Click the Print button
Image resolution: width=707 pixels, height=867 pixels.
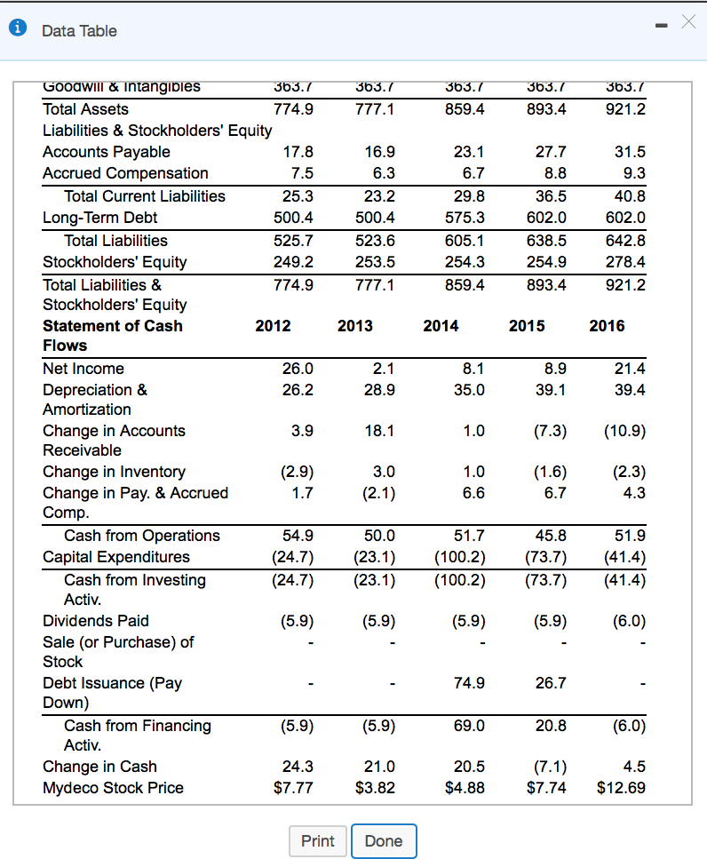[x=318, y=841]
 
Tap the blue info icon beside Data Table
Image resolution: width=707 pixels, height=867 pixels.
[x=18, y=30]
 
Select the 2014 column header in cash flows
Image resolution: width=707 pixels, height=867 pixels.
[x=441, y=326]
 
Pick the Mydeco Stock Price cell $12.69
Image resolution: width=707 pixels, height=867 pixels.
[x=621, y=788]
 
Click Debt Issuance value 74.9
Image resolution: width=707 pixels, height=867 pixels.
[x=468, y=683]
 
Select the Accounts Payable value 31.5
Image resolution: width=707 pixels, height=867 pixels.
[x=629, y=152]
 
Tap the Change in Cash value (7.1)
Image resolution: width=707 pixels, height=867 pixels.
[x=549, y=767]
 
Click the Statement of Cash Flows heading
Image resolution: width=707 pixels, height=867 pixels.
[x=112, y=335]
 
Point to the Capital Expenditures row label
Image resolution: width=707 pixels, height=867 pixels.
[x=116, y=557]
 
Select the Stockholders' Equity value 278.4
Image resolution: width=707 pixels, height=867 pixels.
[x=624, y=262]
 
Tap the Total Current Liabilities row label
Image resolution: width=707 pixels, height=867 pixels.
[x=145, y=195]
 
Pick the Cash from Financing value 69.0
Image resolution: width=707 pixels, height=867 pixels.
[x=468, y=726]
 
